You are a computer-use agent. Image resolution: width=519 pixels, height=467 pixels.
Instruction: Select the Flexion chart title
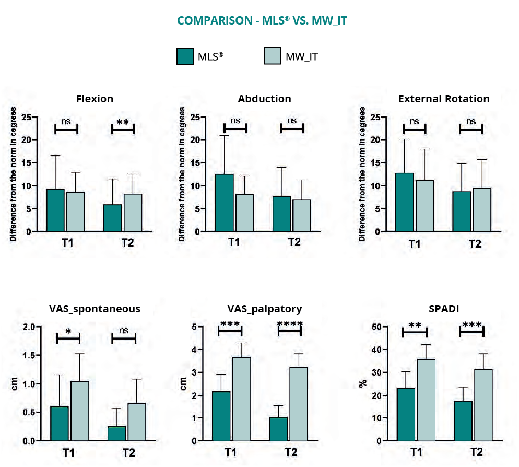(95, 99)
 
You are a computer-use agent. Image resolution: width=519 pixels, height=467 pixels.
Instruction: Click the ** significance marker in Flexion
(123, 123)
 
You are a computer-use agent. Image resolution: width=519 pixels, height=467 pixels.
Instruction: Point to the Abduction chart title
(264, 99)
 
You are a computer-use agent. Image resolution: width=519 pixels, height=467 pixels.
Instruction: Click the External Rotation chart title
(444, 99)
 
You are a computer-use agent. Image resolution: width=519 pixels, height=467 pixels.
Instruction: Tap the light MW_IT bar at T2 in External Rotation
(482, 209)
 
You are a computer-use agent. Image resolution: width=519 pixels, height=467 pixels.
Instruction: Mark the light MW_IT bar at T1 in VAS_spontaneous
(80, 411)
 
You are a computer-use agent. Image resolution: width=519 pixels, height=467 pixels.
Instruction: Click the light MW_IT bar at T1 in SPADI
(427, 400)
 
